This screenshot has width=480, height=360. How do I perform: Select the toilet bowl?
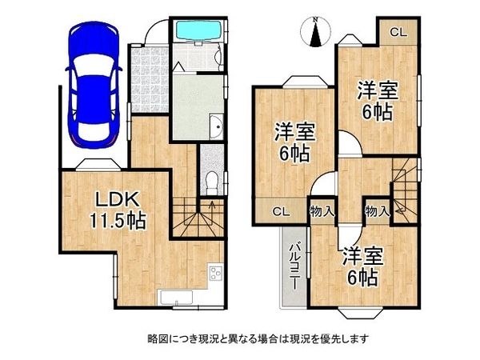point(210,180)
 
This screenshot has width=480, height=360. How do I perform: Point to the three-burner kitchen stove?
point(215,275)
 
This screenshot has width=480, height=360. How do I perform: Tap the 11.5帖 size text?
point(119,221)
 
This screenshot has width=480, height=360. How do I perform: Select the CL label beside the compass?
point(398,32)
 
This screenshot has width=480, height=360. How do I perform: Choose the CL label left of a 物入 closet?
point(280,212)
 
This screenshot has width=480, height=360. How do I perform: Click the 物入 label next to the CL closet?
point(322,212)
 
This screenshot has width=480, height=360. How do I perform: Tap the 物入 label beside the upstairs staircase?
point(376,212)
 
